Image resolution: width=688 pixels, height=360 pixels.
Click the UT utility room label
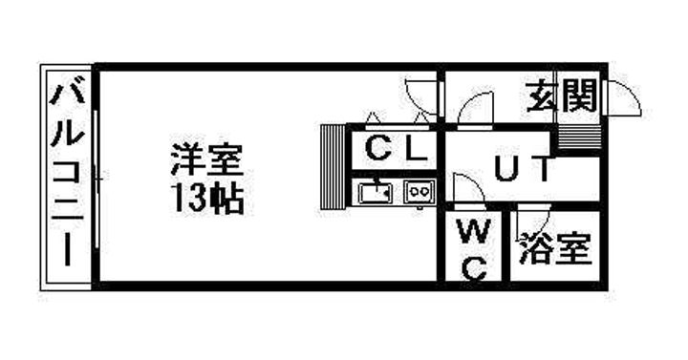(522, 171)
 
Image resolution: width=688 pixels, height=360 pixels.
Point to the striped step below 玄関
(577, 135)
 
